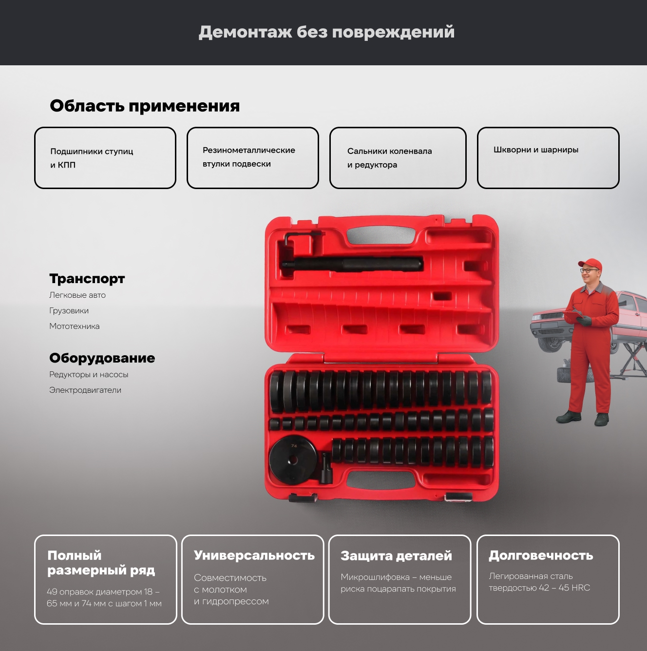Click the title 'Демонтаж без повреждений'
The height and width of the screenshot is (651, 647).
coord(326,33)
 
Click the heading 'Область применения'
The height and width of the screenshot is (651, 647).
coord(145,106)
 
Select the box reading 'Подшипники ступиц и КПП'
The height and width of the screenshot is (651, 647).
coord(105,158)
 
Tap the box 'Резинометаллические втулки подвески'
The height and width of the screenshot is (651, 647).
coord(253,158)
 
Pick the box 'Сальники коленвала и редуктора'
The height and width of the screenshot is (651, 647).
coord(398,158)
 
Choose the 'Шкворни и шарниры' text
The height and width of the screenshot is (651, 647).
coord(536,150)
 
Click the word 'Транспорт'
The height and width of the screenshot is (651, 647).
coord(87,279)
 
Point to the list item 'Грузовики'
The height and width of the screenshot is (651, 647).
coord(69,311)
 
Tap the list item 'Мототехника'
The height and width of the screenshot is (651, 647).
coord(75,326)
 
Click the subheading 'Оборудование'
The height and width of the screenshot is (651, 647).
coord(102,358)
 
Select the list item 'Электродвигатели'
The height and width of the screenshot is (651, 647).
coord(85,390)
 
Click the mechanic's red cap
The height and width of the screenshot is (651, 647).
coord(590,264)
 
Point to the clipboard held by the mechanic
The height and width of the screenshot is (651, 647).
coord(574,316)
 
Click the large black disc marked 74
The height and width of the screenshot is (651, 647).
coord(293,459)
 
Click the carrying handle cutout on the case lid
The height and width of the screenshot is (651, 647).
coord(381,234)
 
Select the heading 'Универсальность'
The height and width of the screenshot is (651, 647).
coord(254,555)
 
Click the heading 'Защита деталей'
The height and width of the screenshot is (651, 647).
coord(396,555)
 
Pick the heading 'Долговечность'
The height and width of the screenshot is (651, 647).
coord(541,555)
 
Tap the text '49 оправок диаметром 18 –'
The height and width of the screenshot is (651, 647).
coord(103,592)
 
